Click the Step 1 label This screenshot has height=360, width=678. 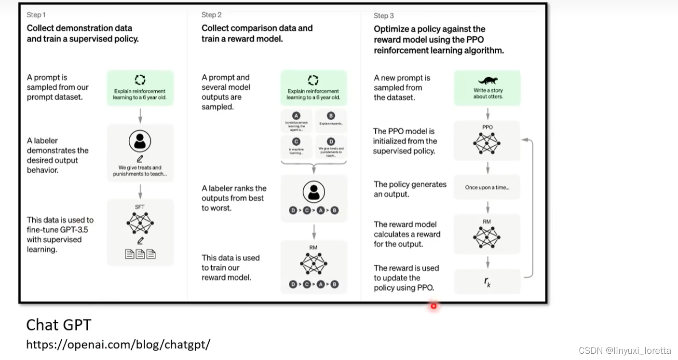36,15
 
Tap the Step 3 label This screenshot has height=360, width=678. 384,16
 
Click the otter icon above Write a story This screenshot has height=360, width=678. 488,81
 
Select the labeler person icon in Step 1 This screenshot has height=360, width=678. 140,141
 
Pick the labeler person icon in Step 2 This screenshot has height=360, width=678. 313,193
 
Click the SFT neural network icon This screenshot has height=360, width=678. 140,223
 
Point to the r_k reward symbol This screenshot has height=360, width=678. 488,282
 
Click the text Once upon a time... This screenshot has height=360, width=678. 487,187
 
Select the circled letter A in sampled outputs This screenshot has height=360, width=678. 296,116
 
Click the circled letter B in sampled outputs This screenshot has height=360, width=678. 331,116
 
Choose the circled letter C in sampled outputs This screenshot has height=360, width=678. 296,142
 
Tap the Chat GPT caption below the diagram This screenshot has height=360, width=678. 58,325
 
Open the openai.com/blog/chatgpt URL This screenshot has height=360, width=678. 118,345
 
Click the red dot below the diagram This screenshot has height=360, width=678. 434,305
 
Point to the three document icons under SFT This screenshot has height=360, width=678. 140,254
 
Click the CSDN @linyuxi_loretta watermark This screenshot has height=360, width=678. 625,350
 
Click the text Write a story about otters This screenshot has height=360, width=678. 488,93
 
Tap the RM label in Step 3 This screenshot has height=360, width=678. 487,222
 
